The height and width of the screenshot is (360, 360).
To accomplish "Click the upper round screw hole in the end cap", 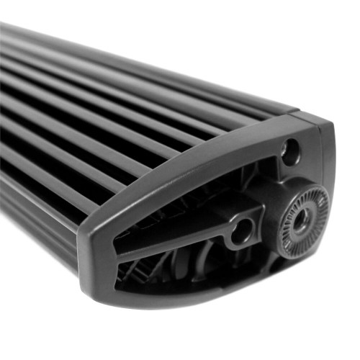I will (291, 150).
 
